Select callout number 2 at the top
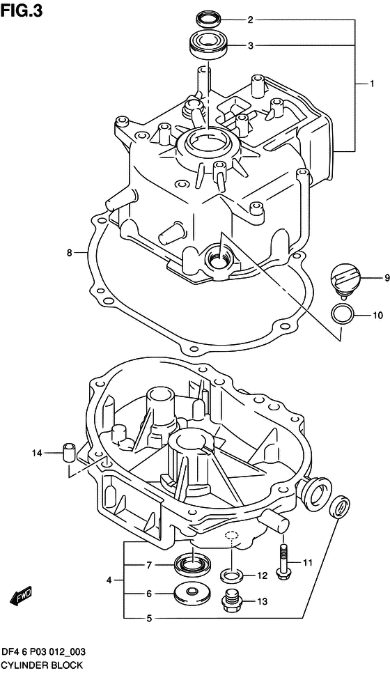[250, 20]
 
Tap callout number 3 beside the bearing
[250, 47]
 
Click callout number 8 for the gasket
[70, 253]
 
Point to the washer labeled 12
[231, 575]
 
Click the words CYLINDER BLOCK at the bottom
[42, 665]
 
